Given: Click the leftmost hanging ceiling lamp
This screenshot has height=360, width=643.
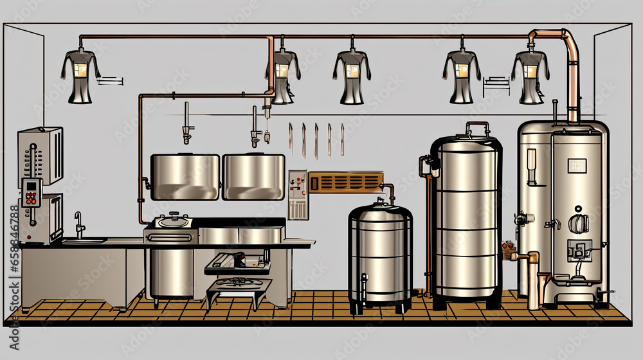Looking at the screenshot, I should click(x=80, y=75).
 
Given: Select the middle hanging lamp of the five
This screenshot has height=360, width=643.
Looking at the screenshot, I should click(x=352, y=76).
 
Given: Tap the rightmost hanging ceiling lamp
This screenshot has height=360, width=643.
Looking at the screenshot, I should click(x=530, y=75).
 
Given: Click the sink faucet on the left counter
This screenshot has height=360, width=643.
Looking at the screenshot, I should click(x=78, y=224).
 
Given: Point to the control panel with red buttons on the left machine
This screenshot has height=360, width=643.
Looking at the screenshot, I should click(x=30, y=192).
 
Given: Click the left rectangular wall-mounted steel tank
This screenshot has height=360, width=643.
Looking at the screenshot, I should click(x=185, y=177).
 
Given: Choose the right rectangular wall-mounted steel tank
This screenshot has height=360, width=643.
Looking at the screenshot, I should click(x=253, y=177).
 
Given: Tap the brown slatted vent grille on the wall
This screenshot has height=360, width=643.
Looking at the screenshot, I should click(x=345, y=182).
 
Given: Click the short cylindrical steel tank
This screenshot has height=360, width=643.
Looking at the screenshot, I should click(x=381, y=256).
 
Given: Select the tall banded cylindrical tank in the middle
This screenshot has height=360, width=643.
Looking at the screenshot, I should click(x=466, y=219).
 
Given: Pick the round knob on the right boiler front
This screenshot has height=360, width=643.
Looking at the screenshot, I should click(x=578, y=222).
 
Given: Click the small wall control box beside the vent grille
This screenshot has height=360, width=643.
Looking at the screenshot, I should click(x=298, y=195).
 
